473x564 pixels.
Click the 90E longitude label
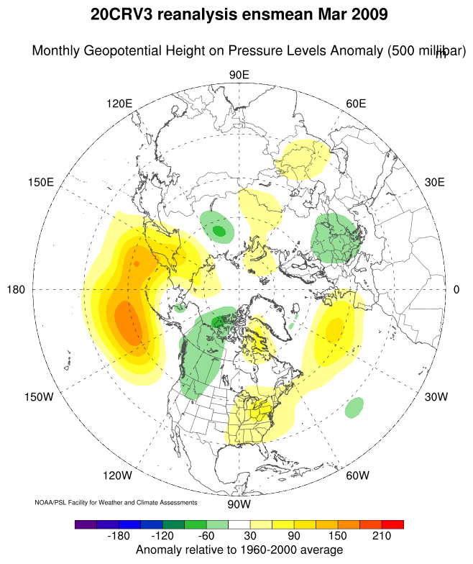(x=239, y=76)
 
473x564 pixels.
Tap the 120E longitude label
(x=119, y=104)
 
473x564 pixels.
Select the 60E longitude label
(x=356, y=104)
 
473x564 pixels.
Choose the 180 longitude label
(x=17, y=290)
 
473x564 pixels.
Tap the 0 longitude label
(x=456, y=290)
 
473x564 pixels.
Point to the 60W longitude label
(x=357, y=476)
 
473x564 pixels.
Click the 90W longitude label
(x=239, y=504)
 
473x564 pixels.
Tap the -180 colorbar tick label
(x=119, y=537)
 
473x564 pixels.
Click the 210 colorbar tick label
(x=381, y=537)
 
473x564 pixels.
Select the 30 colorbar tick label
(x=249, y=537)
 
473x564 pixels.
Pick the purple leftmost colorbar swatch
(x=86, y=524)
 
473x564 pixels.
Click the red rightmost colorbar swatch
(x=392, y=524)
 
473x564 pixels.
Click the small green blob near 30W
(x=354, y=408)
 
